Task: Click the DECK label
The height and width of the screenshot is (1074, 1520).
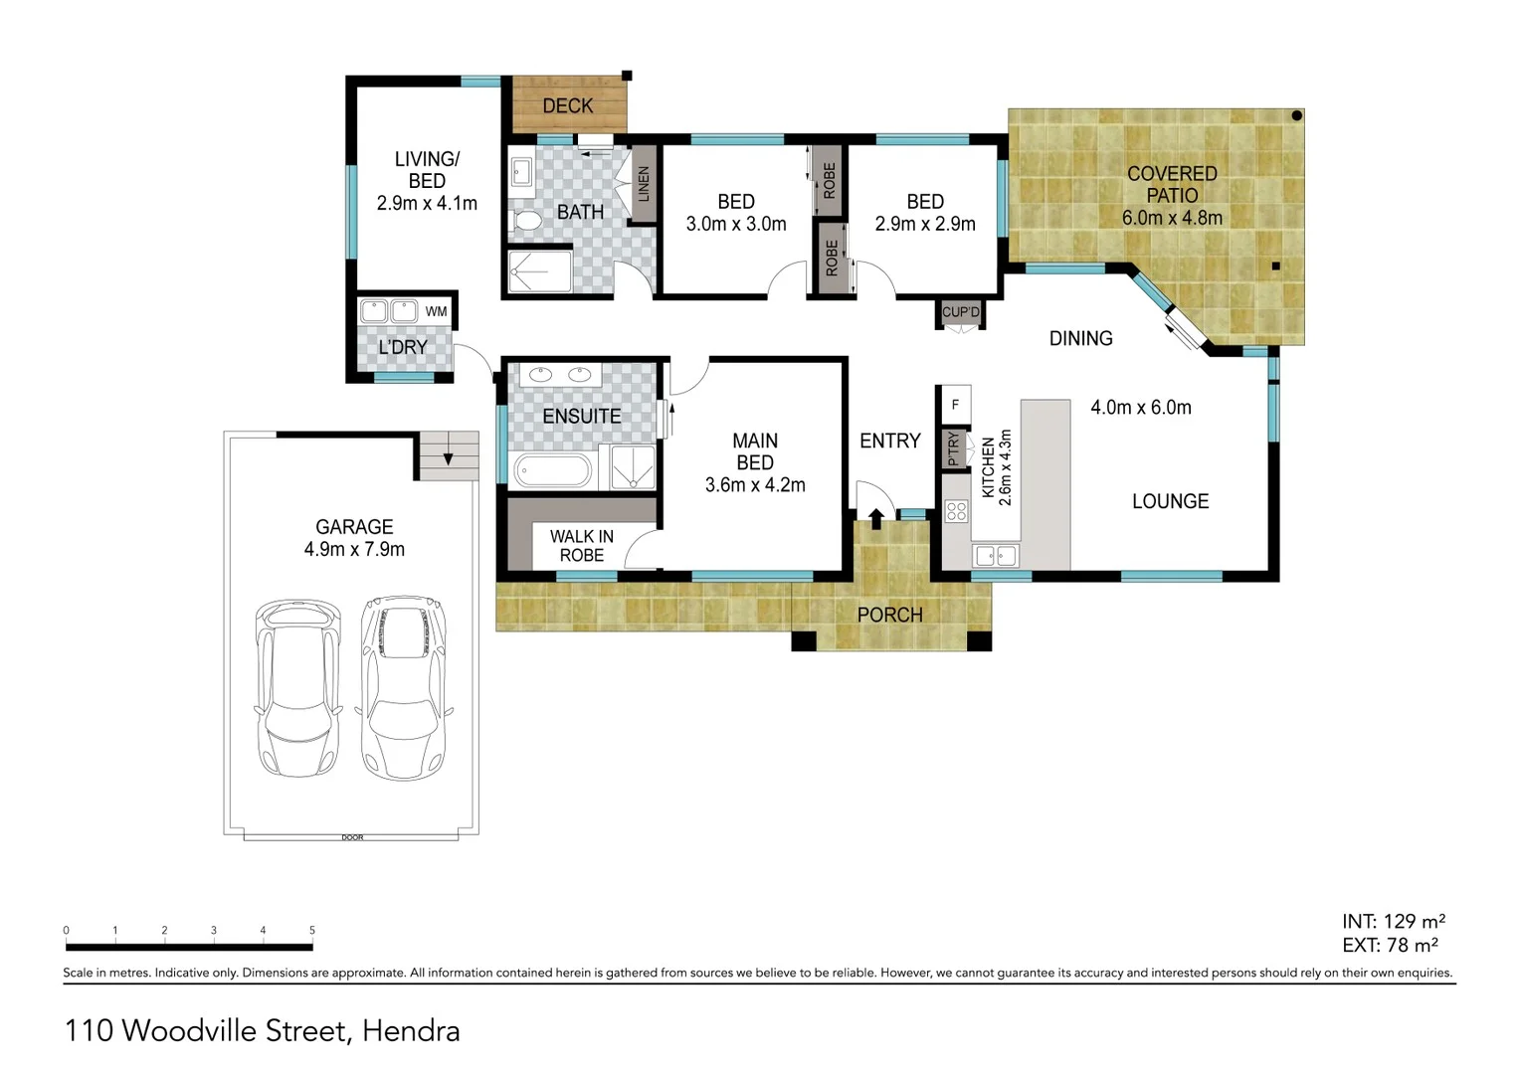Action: coord(567,105)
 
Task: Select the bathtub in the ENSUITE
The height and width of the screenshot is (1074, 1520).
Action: coord(552,470)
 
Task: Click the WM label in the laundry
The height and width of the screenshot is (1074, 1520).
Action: coord(436,311)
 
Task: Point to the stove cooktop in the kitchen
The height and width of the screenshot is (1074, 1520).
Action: coord(956,512)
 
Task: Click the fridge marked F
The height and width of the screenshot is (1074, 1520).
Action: coord(955,404)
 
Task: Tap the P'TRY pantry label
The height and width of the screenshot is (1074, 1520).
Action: coord(953,448)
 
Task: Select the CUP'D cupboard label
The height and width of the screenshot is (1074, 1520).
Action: coord(961,312)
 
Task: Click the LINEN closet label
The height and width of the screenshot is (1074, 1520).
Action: coord(643,185)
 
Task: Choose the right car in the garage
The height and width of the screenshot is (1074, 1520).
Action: coord(402,686)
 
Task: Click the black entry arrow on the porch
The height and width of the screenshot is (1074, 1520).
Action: coord(876,519)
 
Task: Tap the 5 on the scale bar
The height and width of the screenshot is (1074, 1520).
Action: coord(312,931)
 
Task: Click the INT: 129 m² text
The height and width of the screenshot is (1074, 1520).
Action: coord(1393,922)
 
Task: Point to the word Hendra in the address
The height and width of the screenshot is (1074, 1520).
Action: coord(411,1031)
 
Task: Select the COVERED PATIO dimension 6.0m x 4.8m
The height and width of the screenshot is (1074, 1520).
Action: coord(1172,218)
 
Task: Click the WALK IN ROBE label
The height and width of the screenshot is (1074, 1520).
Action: coord(582,546)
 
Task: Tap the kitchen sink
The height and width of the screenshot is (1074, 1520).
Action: coord(995,556)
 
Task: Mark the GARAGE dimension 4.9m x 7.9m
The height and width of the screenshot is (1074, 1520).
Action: coord(354,549)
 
